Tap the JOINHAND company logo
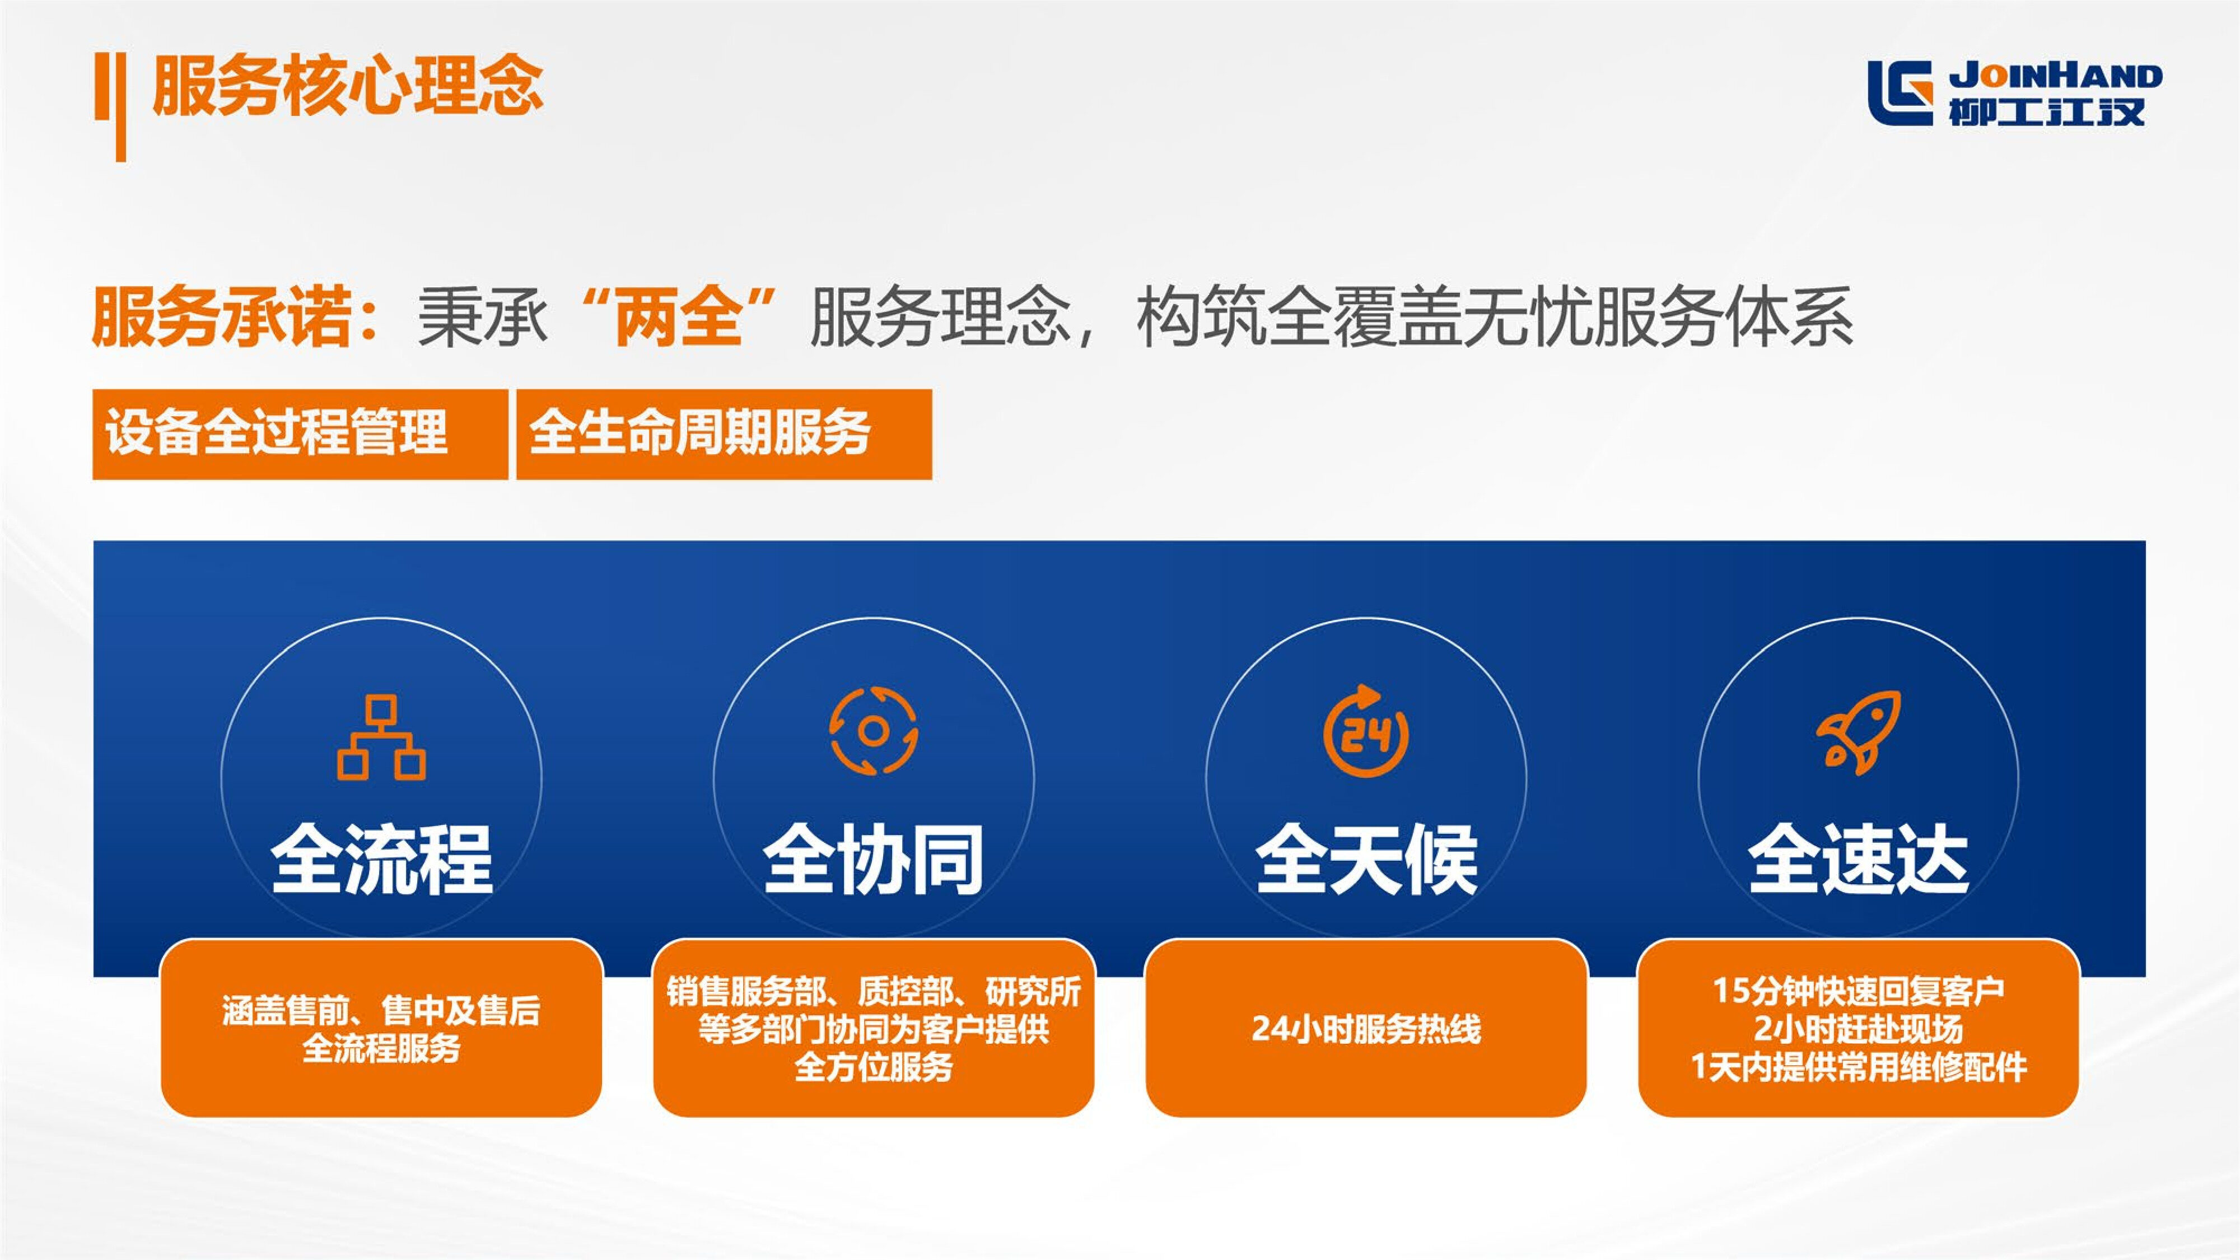pyautogui.click(x=2014, y=94)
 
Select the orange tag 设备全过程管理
pyautogui.click(x=300, y=434)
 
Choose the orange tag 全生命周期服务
pyautogui.click(x=724, y=434)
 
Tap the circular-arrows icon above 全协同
pyautogui.click(x=873, y=730)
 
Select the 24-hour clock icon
pyautogui.click(x=1366, y=730)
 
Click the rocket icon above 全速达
pyautogui.click(x=1858, y=732)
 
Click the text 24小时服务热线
pyautogui.click(x=1366, y=1029)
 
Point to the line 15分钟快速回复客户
pyautogui.click(x=1858, y=991)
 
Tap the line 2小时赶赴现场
pyautogui.click(x=1858, y=1029)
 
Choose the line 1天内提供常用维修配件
pyautogui.click(x=1858, y=1067)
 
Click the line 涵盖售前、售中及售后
pyautogui.click(x=381, y=1010)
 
